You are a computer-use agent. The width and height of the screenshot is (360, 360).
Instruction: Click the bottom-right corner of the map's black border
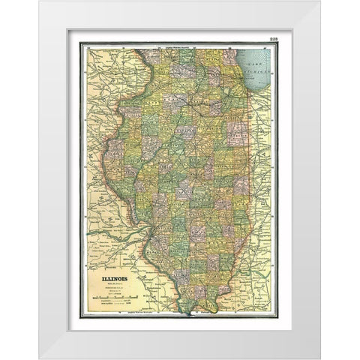tap(277, 318)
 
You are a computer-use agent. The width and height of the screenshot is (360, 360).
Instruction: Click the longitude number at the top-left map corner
tap(88, 47)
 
